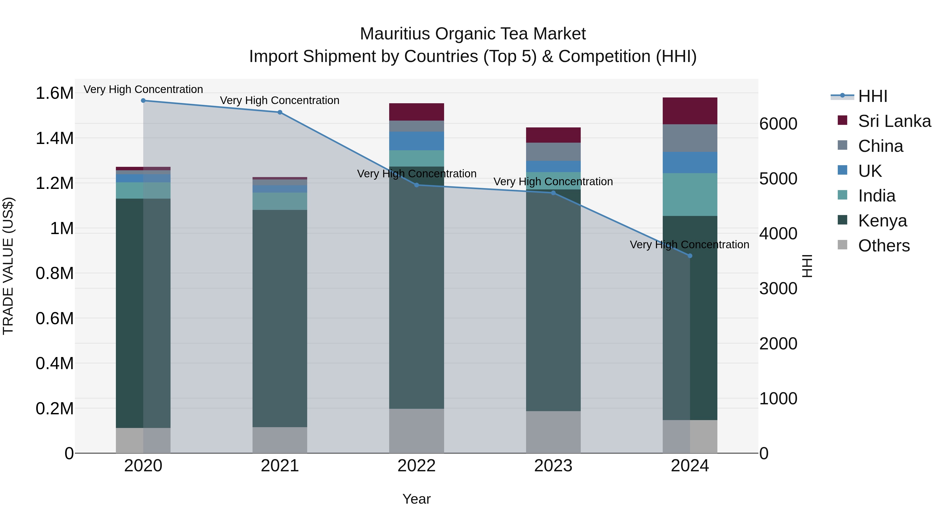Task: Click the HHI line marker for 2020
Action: [x=143, y=101]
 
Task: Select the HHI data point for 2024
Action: [x=690, y=256]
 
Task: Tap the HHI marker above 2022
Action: [x=417, y=185]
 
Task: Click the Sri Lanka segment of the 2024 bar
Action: [x=690, y=111]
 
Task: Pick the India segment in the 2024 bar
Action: [x=690, y=195]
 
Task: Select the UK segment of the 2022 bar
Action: [x=417, y=141]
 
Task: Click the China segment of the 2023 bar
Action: [x=553, y=152]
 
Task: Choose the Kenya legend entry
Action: [x=882, y=221]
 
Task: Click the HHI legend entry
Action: [x=872, y=96]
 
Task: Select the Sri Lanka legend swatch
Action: [x=842, y=120]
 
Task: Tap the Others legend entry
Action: [x=883, y=246]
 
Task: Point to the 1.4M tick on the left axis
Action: [x=54, y=138]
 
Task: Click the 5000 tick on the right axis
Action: [x=778, y=179]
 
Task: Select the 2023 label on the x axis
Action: [x=553, y=466]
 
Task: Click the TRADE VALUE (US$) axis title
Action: [x=8, y=266]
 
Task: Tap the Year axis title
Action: [x=417, y=499]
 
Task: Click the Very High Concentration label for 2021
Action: [x=280, y=100]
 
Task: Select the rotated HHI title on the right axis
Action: [x=807, y=266]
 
